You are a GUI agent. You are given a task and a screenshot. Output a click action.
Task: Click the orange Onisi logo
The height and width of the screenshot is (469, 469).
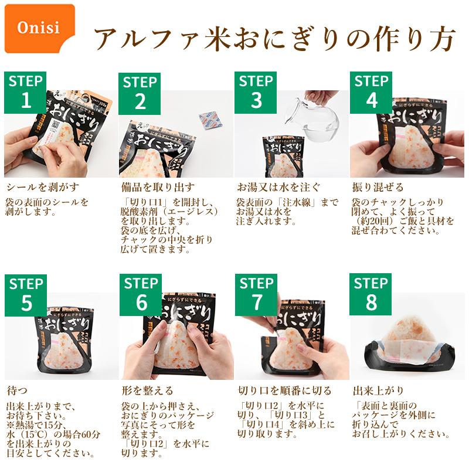pos(40,28)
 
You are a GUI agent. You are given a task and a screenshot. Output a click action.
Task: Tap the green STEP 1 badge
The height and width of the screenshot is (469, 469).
pos(25,93)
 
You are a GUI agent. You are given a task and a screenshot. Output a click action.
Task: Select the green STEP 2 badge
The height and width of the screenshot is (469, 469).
pos(140,94)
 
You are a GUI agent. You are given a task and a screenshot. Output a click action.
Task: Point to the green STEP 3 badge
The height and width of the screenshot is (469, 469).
pos(256,93)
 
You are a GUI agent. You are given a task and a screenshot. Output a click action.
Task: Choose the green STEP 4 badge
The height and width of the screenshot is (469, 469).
pos(371,93)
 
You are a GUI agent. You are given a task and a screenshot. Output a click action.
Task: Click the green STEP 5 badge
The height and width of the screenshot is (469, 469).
pos(26,295)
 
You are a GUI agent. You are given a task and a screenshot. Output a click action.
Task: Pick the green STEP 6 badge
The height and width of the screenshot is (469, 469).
pos(141,295)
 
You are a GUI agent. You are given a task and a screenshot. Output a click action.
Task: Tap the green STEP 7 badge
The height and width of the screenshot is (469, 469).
pos(256,295)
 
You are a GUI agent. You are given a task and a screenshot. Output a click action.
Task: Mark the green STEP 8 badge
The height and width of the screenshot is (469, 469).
pos(371,294)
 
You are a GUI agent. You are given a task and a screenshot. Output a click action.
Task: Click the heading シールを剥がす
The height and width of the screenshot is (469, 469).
pos(43,187)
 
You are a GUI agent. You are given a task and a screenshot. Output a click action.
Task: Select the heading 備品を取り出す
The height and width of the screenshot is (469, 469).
pos(158,187)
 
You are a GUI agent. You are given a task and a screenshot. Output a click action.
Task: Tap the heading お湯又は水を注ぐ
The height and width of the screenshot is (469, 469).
pos(278,187)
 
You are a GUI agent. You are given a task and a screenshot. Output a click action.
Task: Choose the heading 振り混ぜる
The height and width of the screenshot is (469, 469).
pos(378,187)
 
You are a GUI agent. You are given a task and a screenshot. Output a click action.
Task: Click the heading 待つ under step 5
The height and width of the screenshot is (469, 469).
pos(17,390)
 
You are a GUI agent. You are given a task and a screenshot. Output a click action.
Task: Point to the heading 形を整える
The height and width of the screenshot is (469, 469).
pos(148,390)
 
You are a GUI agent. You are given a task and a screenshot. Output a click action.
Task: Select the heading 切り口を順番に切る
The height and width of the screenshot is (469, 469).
pos(285,390)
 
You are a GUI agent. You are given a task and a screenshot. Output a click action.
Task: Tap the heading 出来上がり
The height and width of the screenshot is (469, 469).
pos(378,390)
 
